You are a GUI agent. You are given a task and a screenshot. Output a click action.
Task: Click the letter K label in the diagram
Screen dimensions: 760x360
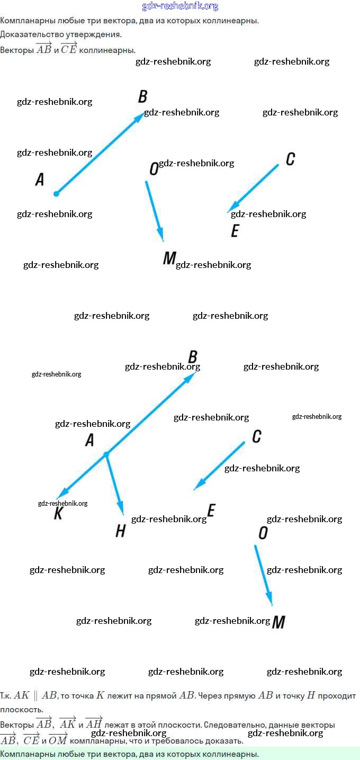(58, 513)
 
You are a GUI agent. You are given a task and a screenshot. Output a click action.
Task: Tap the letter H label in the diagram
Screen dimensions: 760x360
(121, 531)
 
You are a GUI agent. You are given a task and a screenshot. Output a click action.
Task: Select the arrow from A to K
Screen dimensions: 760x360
(82, 475)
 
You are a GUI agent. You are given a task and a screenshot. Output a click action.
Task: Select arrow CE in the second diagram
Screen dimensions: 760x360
(220, 466)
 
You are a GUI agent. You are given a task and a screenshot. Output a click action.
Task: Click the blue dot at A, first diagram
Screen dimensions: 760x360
(56, 194)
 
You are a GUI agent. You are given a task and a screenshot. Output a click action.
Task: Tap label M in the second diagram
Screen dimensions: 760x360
(278, 622)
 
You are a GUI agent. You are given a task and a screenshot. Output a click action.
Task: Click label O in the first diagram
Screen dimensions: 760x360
(154, 169)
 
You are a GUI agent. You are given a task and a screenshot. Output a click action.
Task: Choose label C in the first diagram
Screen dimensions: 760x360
(290, 159)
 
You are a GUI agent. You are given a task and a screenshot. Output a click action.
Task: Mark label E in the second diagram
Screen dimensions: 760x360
(211, 511)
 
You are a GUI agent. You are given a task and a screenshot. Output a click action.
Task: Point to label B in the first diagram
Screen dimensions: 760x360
(142, 97)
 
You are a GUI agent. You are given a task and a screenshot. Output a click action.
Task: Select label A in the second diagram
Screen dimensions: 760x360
(89, 440)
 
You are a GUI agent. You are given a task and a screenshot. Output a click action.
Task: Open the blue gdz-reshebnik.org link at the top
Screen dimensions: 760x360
(180, 6)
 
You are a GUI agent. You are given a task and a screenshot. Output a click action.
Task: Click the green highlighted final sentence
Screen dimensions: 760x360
(129, 754)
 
